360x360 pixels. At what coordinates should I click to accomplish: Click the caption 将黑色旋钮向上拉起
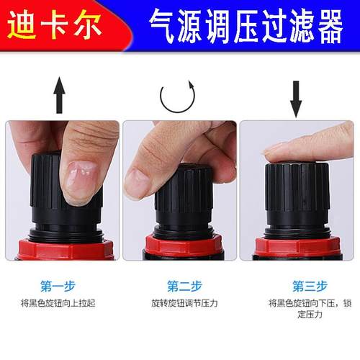point(60,303)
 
